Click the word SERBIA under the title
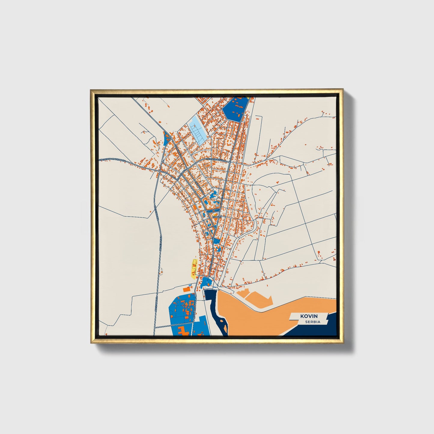(x=312, y=322)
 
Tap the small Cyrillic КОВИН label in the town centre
(x=217, y=216)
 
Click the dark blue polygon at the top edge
(x=236, y=108)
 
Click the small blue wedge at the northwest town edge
(x=166, y=138)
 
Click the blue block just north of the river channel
(x=206, y=282)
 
